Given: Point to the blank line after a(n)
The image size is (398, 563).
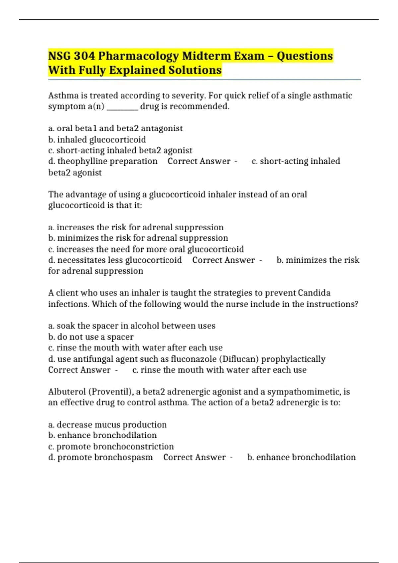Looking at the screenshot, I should tap(122, 107).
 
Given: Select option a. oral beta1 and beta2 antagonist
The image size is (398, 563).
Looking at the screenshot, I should tap(115, 128).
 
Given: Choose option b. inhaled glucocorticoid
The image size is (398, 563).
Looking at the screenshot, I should tap(97, 140).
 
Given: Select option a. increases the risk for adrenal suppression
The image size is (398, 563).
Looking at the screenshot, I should tap(136, 228).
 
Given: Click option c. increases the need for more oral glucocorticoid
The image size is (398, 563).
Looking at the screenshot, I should tap(146, 249).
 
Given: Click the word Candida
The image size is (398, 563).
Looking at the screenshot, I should tap(314, 293).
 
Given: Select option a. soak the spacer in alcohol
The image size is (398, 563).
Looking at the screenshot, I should tap(132, 326).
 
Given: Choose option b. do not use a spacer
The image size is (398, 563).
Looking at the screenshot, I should tap(91, 337).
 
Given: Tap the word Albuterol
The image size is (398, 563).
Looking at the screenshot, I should tap(67, 392).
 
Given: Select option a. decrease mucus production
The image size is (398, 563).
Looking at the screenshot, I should tap(107, 425).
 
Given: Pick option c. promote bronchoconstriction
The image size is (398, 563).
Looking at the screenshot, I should tap(111, 447).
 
